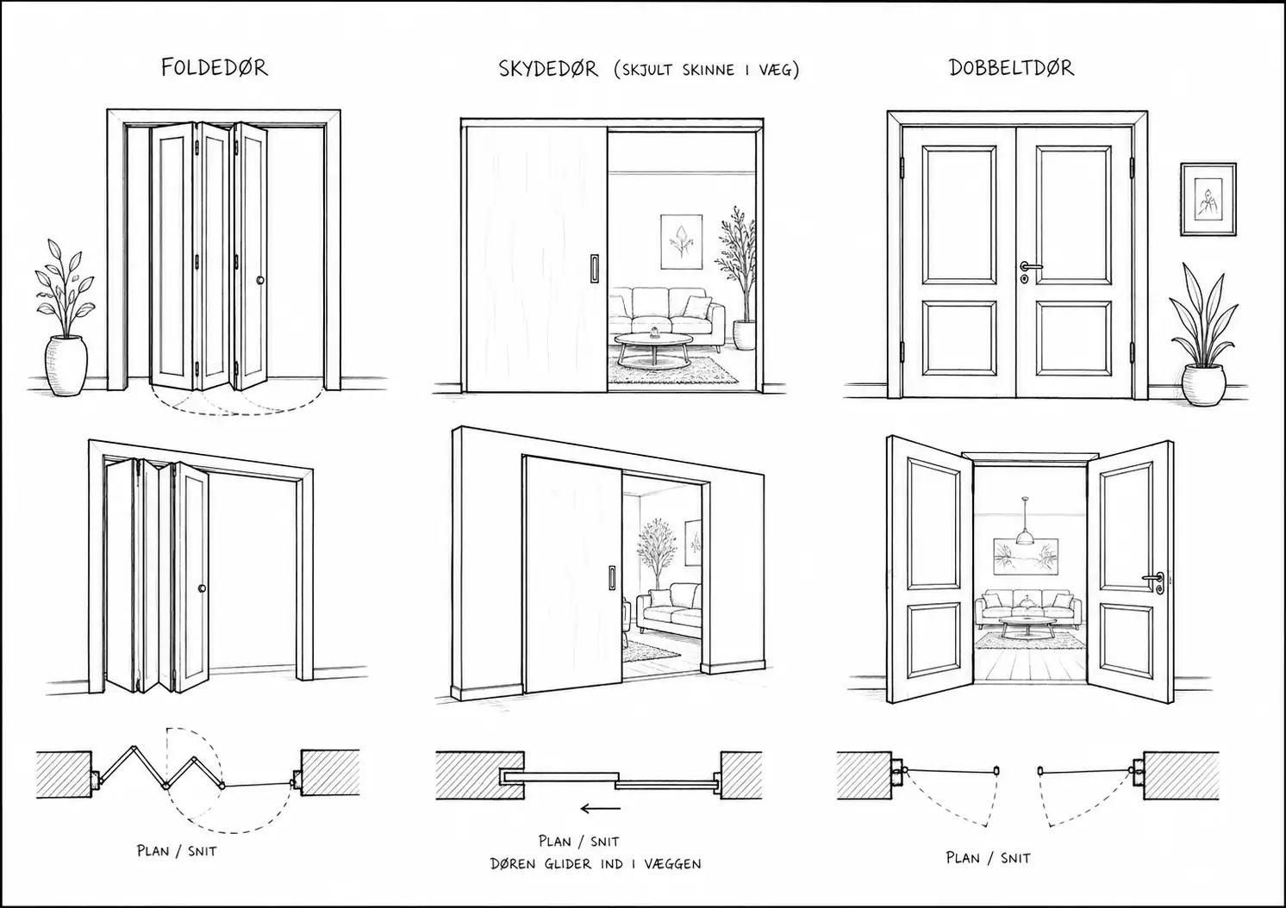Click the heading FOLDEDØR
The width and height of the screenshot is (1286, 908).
coord(214,68)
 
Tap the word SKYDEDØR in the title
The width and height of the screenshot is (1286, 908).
coord(547,69)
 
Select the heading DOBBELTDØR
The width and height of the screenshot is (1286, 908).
coord(1011,68)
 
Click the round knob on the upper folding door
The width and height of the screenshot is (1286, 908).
coord(260,280)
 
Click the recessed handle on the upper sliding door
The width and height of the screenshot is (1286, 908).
coord(595,269)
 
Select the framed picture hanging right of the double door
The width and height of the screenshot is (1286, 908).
coord(1208,199)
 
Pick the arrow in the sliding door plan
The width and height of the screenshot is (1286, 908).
coord(601,809)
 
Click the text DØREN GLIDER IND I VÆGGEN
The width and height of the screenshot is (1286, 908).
coord(596,864)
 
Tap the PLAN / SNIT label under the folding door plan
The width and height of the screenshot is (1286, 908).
coord(177,850)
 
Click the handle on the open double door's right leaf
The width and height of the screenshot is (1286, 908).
coord(1154,581)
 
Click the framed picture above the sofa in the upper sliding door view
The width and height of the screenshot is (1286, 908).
coord(682,241)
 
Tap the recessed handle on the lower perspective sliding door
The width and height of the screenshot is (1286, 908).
coord(612,577)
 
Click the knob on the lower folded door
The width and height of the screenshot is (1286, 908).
coord(202,588)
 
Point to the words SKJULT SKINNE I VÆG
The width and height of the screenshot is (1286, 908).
coord(706,70)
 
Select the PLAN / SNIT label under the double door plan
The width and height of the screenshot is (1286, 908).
coord(988,858)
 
